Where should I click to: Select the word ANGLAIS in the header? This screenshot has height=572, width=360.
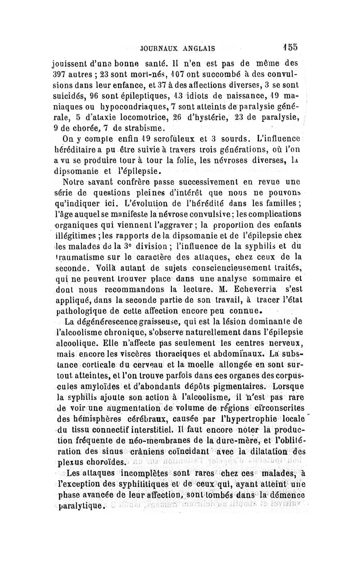point(198,47)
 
